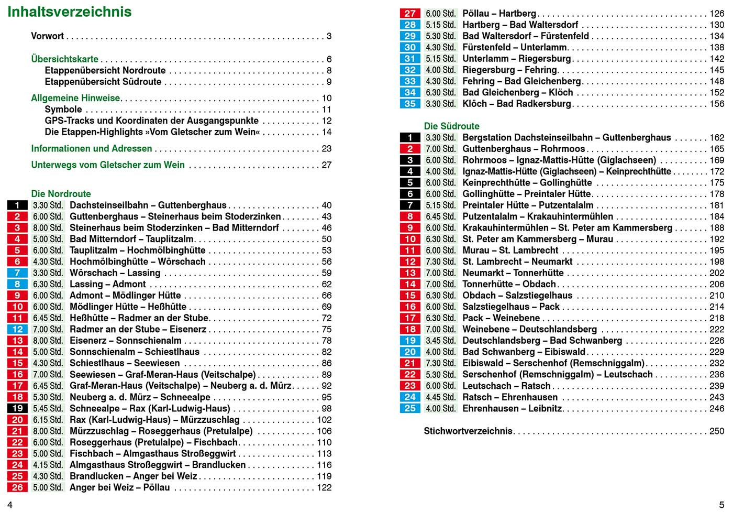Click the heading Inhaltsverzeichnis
pos(70,12)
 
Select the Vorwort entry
pos(47,36)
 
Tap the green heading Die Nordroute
pos(61,194)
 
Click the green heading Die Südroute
pos(451,126)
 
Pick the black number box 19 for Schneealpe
pos(17,409)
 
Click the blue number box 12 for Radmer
pos(17,330)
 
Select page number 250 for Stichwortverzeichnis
pos(717,431)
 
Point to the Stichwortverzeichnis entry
pos(468,431)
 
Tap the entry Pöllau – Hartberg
pos(499,14)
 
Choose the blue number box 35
pos(410,104)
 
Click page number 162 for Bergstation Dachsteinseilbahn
pos(717,138)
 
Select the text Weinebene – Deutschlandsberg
pos(529,330)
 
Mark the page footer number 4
pos(9,504)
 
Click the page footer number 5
pos(721,504)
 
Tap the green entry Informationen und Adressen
pos(92,149)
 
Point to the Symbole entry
pos(63,110)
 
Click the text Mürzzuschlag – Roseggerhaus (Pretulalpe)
pos(161,431)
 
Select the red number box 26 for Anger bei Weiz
pos(17,488)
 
